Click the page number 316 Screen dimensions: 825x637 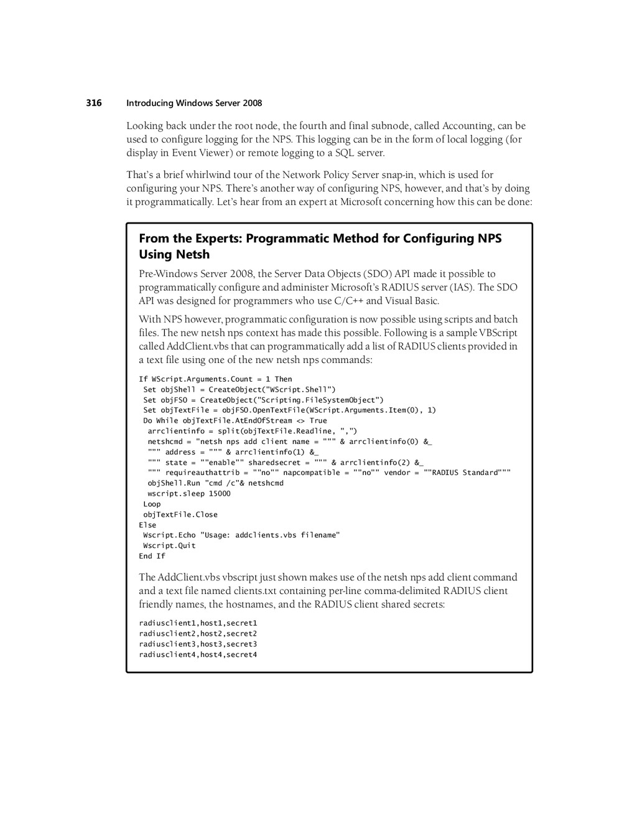pyautogui.click(x=94, y=103)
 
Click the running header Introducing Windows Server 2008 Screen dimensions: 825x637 pyautogui.click(x=194, y=103)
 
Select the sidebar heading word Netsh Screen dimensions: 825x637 pyautogui.click(x=192, y=254)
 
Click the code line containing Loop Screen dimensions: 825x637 pyautogui.click(x=152, y=504)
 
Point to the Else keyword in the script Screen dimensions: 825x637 pyautogui.click(x=147, y=525)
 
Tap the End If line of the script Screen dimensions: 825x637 pyautogui.click(x=152, y=556)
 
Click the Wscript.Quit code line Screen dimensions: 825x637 pyautogui.click(x=169, y=545)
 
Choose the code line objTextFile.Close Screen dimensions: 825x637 pyautogui.click(x=180, y=515)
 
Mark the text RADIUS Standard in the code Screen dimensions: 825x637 pyautogui.click(x=465, y=473)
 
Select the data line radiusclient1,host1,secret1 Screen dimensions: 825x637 pyautogui.click(x=198, y=623)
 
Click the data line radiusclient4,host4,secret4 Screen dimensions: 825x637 pyautogui.click(x=198, y=654)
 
